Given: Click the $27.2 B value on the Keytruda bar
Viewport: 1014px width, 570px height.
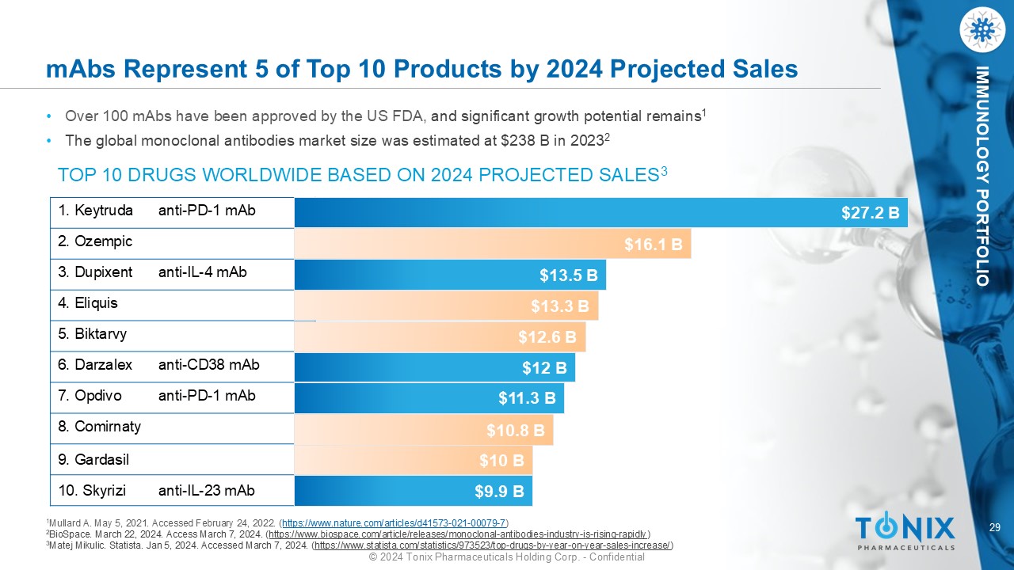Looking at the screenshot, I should point(870,213).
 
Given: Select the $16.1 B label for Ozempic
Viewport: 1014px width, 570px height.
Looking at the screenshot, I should point(654,245).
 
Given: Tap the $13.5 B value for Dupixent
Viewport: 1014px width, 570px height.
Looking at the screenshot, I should point(568,275).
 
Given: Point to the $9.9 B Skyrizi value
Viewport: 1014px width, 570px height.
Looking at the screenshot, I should point(499,492).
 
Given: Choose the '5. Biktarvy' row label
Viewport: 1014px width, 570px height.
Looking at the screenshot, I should point(93,334).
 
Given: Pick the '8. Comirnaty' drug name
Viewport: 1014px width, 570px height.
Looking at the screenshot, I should point(100,427).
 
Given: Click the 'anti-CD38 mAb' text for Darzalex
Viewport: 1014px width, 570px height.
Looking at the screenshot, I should point(209,365).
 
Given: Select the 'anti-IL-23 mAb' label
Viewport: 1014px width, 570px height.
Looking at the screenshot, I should point(207,491).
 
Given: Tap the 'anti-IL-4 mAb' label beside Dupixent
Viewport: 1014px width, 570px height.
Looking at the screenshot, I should point(203,272).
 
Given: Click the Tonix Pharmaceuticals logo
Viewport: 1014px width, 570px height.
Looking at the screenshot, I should point(905,531).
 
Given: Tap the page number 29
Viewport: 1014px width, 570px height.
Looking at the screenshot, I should point(995,528).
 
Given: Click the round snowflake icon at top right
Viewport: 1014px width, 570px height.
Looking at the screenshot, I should point(982,30).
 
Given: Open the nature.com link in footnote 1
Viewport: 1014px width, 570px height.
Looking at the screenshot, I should point(394,523).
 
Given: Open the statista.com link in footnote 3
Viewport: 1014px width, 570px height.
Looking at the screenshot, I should point(494,545).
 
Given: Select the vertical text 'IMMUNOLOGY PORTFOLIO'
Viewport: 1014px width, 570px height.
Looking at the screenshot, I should point(982,177).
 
